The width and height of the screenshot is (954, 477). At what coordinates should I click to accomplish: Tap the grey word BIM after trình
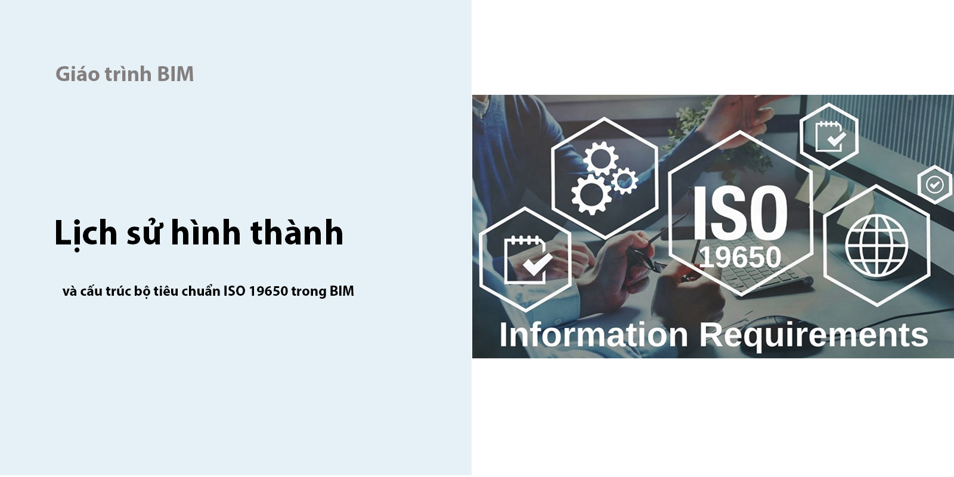click(x=175, y=74)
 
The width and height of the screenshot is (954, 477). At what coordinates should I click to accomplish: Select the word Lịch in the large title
click(x=86, y=233)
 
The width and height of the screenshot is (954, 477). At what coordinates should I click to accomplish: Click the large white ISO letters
click(x=740, y=213)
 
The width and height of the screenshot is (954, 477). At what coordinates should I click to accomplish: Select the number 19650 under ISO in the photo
click(x=740, y=257)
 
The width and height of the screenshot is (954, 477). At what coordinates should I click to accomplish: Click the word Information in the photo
click(x=593, y=334)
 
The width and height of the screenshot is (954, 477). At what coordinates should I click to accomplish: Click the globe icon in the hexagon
click(x=876, y=245)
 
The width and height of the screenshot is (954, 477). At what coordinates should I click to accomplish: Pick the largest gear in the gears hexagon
click(x=591, y=194)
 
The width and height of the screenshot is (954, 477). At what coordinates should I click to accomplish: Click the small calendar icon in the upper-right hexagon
click(x=830, y=137)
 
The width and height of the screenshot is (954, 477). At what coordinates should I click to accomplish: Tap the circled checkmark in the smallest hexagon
click(x=934, y=185)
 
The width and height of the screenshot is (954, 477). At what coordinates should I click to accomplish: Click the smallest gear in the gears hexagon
click(x=625, y=181)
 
